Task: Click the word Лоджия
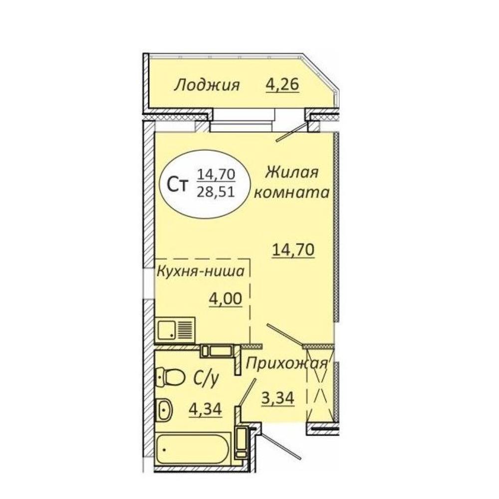click(x=207, y=86)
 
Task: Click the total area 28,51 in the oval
click(x=216, y=192)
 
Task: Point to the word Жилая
click(x=292, y=173)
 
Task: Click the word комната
click(x=291, y=193)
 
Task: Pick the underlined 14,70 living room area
click(x=293, y=249)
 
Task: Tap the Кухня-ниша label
click(x=201, y=271)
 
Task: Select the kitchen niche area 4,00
click(x=226, y=298)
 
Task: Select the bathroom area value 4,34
click(x=205, y=409)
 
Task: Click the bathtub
click(x=193, y=450)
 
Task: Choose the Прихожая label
click(x=286, y=363)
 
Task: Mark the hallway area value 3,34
click(x=277, y=398)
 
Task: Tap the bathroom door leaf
click(x=248, y=392)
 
